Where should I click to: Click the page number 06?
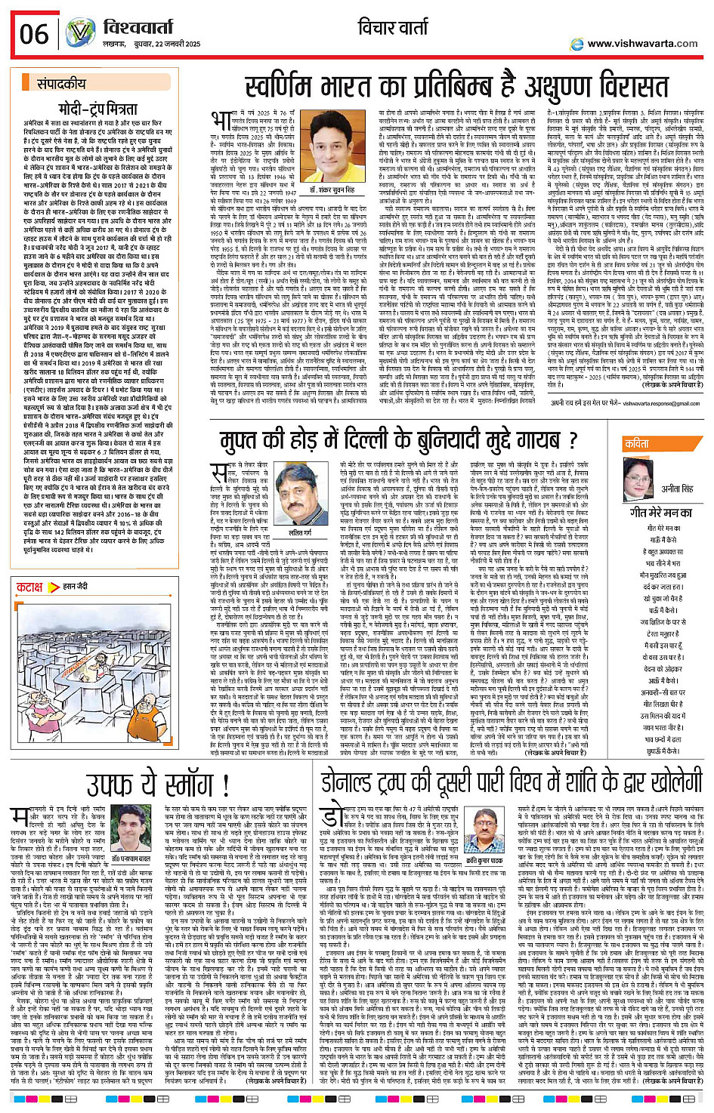[34, 35]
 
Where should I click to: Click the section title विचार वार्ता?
[392, 28]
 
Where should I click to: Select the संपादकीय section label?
[62, 84]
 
